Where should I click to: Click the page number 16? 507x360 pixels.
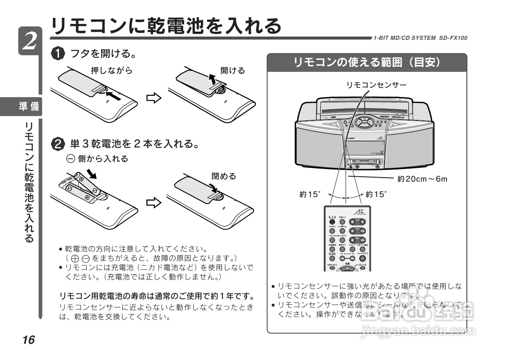click(28, 340)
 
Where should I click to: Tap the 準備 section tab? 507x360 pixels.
click(29, 107)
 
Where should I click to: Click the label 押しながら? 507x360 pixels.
click(111, 71)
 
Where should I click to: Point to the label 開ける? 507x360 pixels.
click(233, 71)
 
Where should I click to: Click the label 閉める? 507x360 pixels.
click(224, 176)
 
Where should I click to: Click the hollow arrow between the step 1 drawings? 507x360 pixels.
click(154, 98)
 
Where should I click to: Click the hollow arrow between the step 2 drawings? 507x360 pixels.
click(154, 203)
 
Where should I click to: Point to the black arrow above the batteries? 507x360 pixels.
click(92, 174)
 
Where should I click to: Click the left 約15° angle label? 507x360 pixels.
click(310, 194)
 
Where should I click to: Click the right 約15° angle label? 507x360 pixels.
click(376, 194)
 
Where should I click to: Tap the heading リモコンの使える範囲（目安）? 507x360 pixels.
click(367, 63)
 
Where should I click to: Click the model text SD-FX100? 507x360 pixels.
click(453, 38)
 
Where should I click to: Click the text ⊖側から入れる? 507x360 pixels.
click(97, 159)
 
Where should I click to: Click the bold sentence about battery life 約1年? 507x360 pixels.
click(157, 295)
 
